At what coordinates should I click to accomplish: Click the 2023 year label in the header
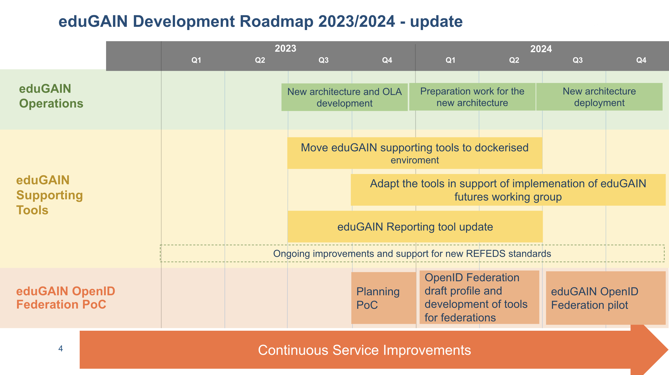tap(286, 48)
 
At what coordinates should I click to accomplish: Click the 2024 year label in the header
tap(541, 49)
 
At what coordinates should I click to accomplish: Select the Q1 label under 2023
tap(196, 60)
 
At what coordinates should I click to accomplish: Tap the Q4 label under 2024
tap(641, 60)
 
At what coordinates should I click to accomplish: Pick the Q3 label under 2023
tap(324, 60)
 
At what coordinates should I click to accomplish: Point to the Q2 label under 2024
tap(514, 60)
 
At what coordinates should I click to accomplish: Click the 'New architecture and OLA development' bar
tap(344, 97)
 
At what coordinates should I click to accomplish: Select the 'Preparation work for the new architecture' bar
tap(472, 97)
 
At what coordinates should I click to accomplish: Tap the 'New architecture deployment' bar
tap(599, 97)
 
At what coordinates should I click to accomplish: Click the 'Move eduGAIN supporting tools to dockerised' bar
tap(415, 153)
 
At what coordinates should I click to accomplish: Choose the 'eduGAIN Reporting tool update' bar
tap(415, 226)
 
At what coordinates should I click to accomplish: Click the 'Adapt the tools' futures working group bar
tap(508, 190)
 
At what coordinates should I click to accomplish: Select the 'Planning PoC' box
tap(383, 298)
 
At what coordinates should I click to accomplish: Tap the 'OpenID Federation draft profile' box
tap(479, 297)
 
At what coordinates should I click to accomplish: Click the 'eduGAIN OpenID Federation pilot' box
tap(606, 298)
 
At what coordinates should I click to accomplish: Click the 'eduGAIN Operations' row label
tap(51, 96)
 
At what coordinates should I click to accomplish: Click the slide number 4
tap(61, 348)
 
